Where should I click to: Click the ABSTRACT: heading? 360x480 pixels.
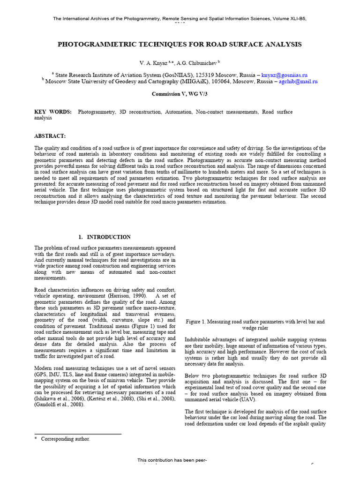tap(50, 135)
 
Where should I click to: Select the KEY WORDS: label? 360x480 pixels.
tap(53, 112)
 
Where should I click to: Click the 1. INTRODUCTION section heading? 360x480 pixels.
tap(105, 237)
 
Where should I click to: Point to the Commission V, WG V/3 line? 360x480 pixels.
tap(180, 94)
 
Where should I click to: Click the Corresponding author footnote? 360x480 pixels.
tap(65, 439)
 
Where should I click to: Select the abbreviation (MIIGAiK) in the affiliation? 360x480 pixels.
tap(192, 81)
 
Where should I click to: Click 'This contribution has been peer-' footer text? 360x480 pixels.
tap(172, 461)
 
